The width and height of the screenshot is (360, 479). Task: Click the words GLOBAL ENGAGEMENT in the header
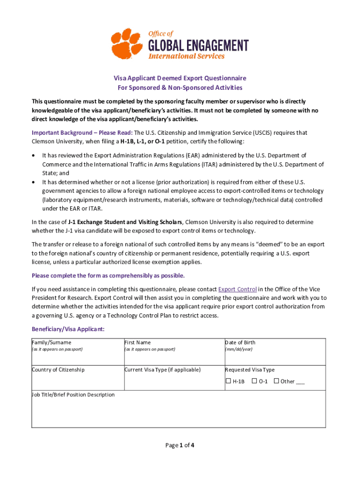[x=198, y=45]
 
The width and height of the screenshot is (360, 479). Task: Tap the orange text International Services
[x=186, y=56]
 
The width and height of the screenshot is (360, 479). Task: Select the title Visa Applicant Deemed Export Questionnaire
[x=180, y=78]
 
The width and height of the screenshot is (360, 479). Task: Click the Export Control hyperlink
[x=237, y=289]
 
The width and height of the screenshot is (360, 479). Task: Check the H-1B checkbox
[x=229, y=381]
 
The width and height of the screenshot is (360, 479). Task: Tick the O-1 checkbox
[x=254, y=381]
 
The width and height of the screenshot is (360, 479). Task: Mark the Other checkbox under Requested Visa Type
[x=276, y=381]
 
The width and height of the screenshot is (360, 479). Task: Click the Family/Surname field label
[x=51, y=342]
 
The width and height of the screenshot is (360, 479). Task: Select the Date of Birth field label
[x=240, y=342]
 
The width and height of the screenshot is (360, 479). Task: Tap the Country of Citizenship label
[x=58, y=370]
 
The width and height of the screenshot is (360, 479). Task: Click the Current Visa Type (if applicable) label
[x=162, y=370]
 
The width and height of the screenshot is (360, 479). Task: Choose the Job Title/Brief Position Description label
[x=73, y=394]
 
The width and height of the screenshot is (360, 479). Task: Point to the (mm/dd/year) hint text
[x=239, y=349]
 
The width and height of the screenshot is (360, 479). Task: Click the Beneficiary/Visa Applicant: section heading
[x=68, y=329]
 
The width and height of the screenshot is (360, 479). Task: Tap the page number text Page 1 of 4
[x=180, y=445]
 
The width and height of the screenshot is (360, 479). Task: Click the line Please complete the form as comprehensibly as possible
[x=108, y=275]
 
